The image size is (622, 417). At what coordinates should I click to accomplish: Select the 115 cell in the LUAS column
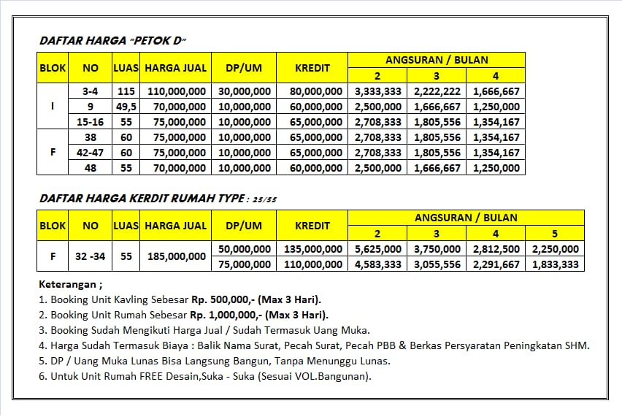(126, 91)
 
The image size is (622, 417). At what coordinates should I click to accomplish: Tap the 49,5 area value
(126, 107)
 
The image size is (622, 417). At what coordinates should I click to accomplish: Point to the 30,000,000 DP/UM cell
(244, 91)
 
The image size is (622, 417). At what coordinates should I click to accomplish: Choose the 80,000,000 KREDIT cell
(313, 91)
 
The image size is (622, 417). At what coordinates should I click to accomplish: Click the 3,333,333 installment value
(377, 91)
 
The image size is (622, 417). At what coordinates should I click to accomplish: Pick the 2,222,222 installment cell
(437, 91)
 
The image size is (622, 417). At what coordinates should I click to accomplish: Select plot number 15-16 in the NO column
(91, 122)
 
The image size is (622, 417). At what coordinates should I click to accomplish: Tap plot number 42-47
(91, 153)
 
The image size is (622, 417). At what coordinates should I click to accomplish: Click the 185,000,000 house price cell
(176, 256)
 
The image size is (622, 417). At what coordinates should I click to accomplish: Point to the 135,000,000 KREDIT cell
(313, 249)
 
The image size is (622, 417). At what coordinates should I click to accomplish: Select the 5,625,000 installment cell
(377, 249)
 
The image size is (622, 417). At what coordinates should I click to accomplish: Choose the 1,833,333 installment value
(554, 264)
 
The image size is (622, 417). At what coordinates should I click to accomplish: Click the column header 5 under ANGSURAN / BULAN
(554, 234)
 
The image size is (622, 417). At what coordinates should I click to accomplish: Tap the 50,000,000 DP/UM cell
(244, 249)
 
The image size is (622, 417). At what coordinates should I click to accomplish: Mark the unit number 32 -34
(91, 256)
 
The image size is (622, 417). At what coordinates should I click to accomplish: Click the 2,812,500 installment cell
(496, 249)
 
